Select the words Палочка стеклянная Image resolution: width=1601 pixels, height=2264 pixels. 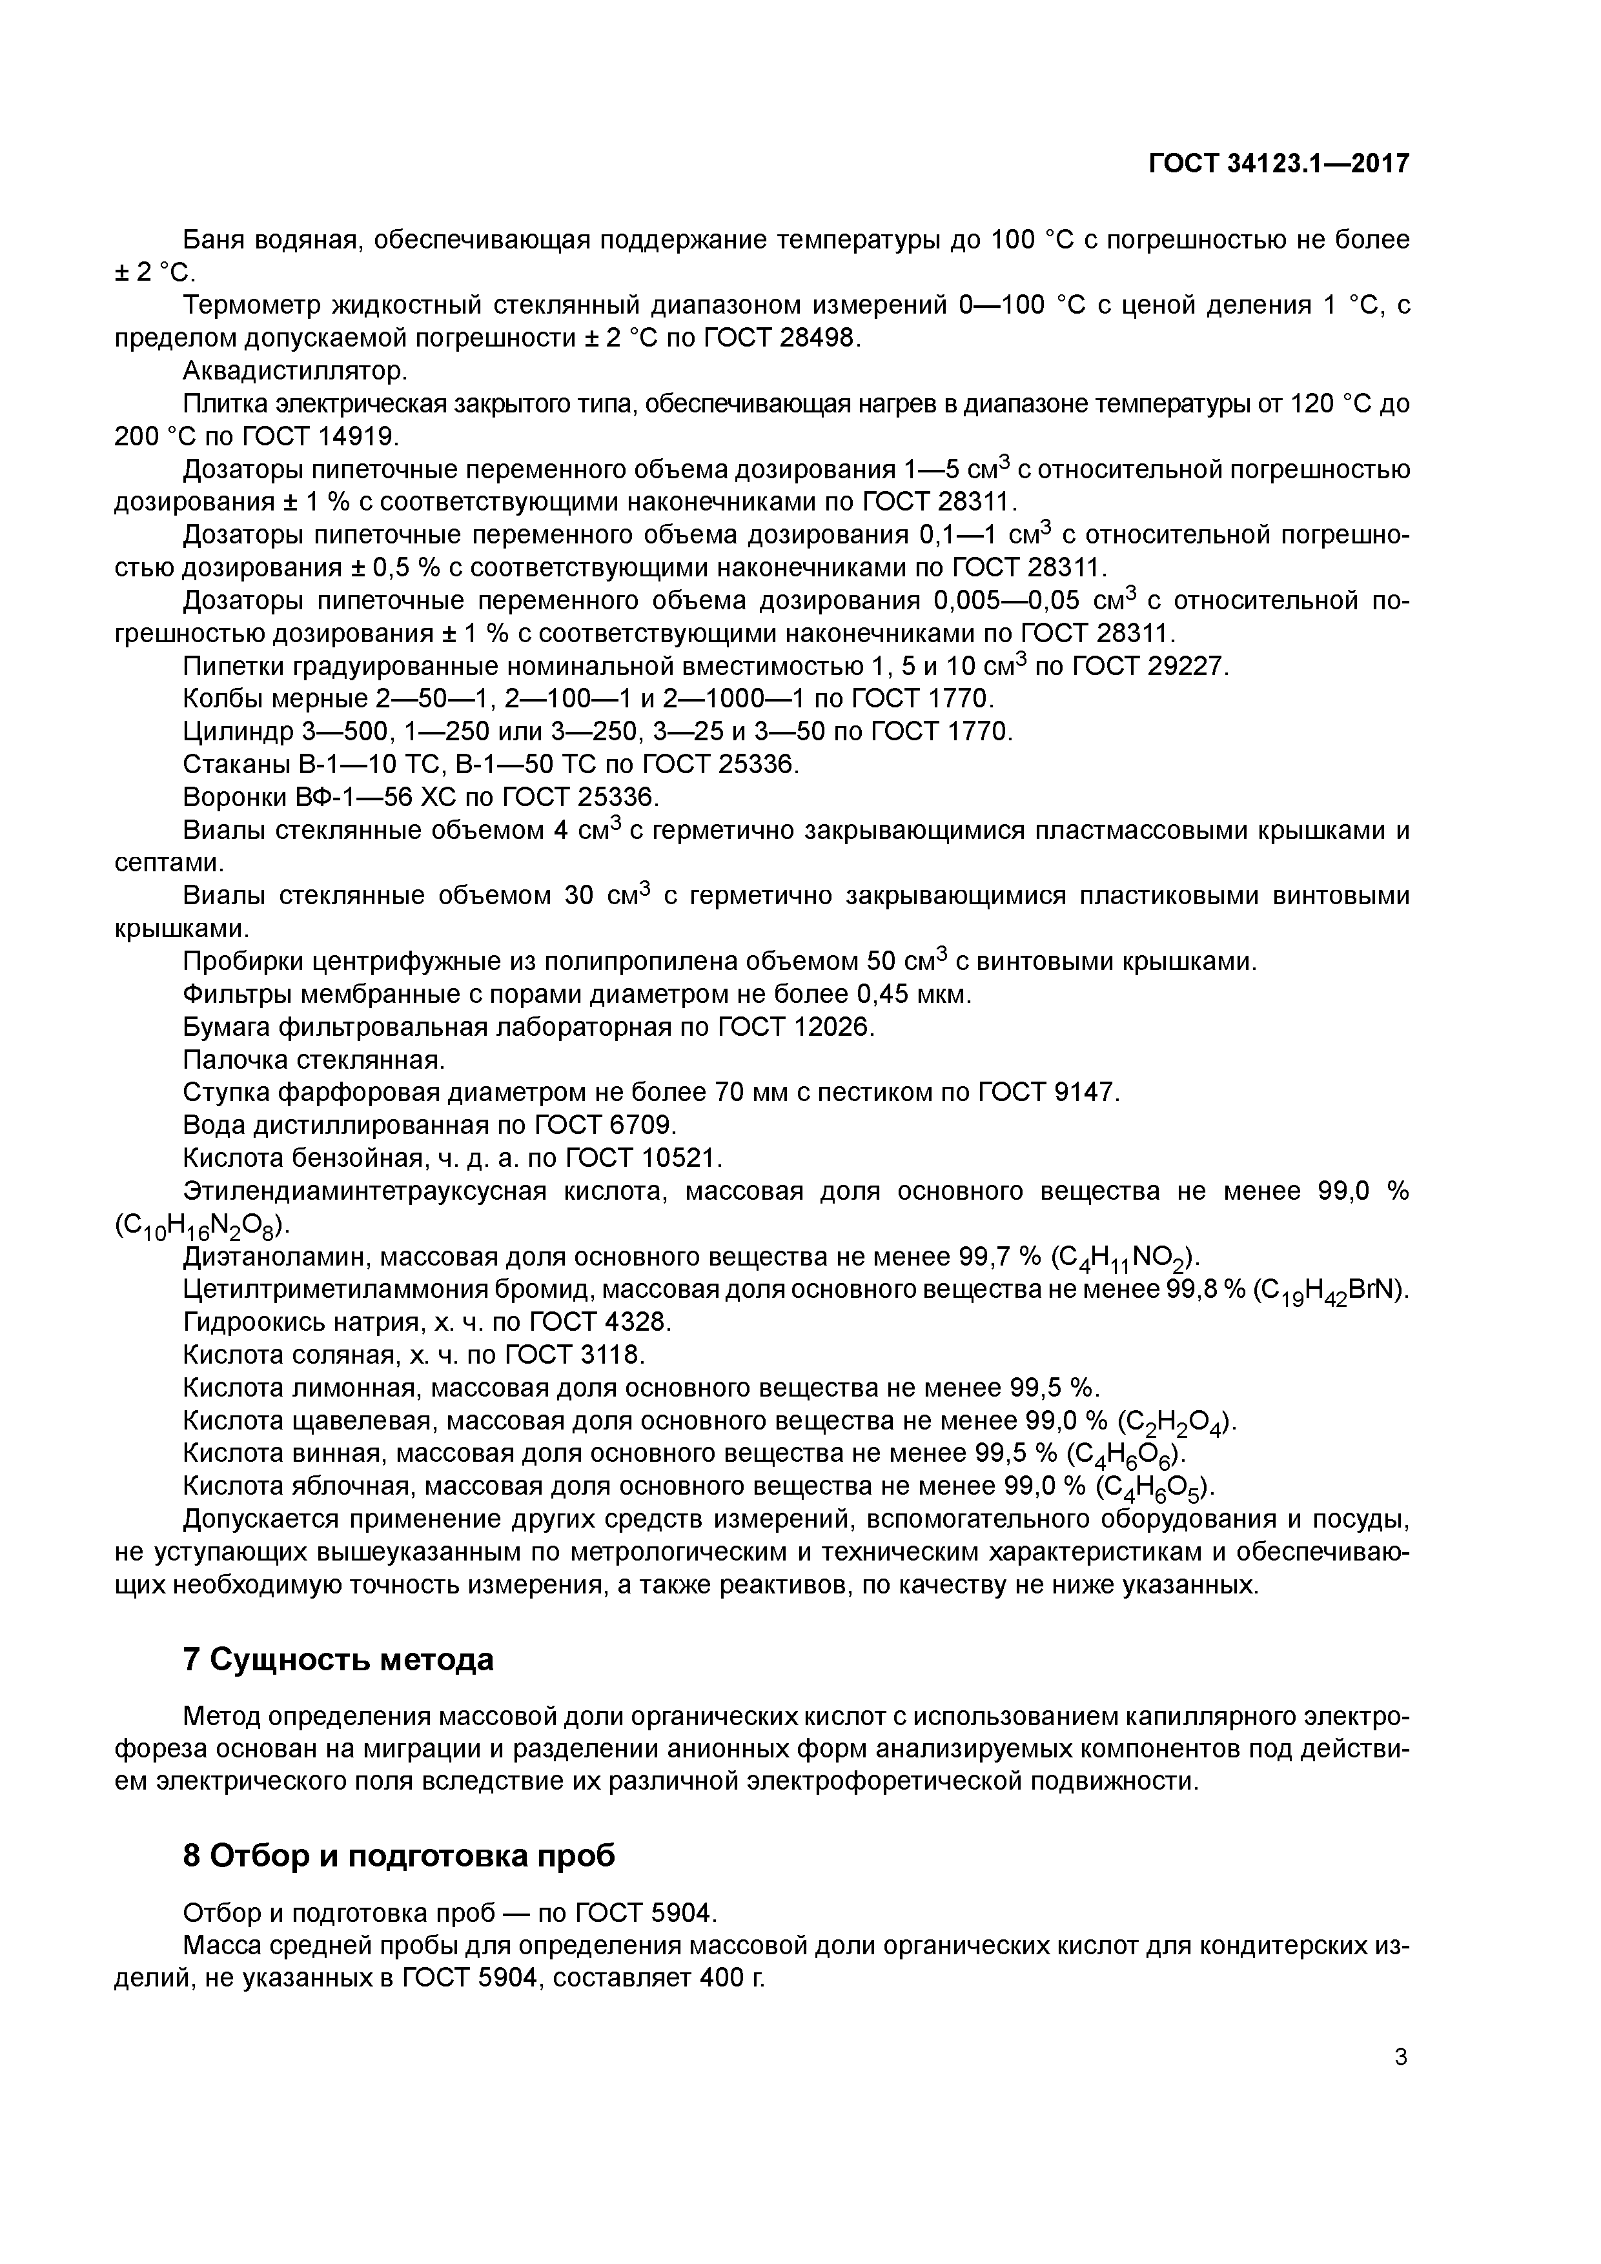pyautogui.click(x=314, y=1060)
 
